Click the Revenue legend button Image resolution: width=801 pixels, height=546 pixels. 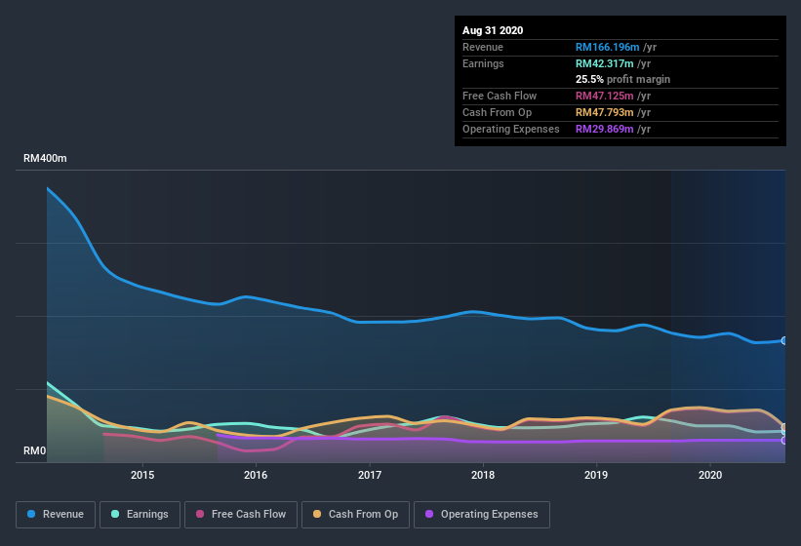[56, 514]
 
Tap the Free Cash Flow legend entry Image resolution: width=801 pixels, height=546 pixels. [240, 514]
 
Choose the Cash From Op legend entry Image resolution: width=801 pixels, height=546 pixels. [355, 514]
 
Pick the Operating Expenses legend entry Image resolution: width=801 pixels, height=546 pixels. [482, 514]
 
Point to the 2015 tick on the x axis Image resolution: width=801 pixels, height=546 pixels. [142, 475]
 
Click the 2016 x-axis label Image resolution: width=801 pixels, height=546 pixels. [256, 475]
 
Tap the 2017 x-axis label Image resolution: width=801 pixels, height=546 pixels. [370, 475]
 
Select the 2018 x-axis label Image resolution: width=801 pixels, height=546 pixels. [483, 475]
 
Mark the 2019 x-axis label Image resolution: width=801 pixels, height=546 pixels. [597, 475]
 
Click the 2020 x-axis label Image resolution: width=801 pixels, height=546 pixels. [710, 475]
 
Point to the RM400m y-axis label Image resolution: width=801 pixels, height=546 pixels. [45, 158]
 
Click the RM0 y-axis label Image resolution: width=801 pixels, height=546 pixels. [34, 450]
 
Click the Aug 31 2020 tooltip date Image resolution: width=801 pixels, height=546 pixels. [493, 30]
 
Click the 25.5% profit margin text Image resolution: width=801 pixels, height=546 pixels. [622, 79]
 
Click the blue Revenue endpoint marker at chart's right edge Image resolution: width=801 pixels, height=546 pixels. [783, 340]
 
